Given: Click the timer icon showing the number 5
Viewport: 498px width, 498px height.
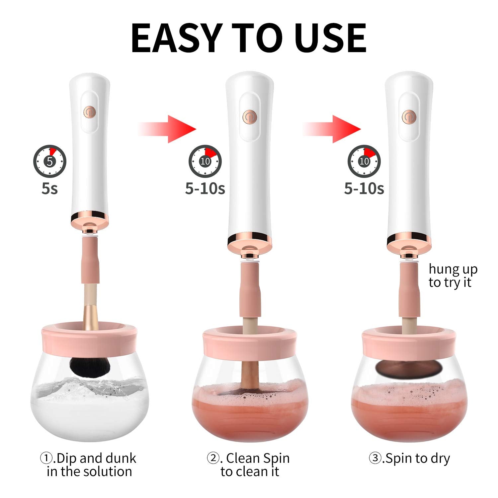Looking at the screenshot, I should point(50,161).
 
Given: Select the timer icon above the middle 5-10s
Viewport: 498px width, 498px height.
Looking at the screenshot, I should point(205,161).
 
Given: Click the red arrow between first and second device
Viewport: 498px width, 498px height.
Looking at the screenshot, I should point(168,129).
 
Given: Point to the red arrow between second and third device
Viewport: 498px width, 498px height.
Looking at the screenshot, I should point(332,129).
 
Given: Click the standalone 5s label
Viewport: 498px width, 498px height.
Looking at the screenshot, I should point(50,189).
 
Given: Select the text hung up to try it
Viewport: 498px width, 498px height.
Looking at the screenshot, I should point(453,276).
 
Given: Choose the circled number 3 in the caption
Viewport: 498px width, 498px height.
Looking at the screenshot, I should point(375,458).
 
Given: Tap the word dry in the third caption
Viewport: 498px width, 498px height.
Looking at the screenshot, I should point(440,458).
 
